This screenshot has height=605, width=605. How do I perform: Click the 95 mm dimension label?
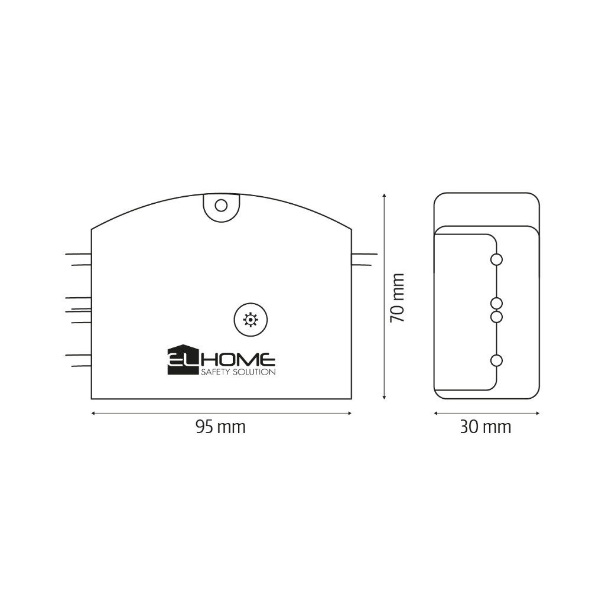coord(220,427)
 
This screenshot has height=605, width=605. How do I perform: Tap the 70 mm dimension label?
coord(397,298)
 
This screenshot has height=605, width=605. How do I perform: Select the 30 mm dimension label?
coord(486,427)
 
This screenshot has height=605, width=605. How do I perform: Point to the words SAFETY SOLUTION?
coord(238,372)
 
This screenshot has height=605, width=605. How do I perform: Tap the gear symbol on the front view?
coord(251,320)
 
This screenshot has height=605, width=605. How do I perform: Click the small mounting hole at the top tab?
coord(221,205)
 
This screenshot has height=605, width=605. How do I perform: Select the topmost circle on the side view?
coord(496,259)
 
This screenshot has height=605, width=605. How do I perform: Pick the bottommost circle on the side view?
coord(496,361)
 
